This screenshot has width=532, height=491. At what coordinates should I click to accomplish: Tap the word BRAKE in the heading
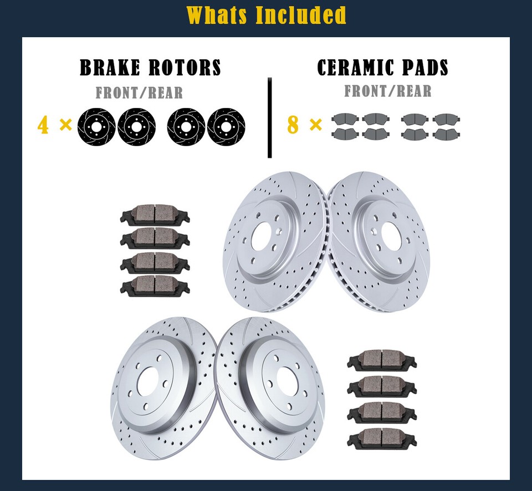pos(111,68)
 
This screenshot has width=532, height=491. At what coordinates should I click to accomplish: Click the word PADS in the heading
pos(424,68)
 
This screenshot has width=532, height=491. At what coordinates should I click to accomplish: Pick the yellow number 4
pos(43,125)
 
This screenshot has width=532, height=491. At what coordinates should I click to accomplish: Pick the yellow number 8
pos(293,125)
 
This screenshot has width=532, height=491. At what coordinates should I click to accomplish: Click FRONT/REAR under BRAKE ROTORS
pos(139,92)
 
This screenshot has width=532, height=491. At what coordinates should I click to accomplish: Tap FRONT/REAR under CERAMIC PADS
pos(388,90)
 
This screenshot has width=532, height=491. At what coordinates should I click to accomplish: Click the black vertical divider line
pos(270,117)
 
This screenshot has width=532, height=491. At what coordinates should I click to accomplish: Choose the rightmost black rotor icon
pos(226,125)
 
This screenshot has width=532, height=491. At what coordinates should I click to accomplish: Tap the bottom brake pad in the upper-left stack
pos(155,286)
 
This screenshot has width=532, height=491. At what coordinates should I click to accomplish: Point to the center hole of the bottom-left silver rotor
pos(149,381)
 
